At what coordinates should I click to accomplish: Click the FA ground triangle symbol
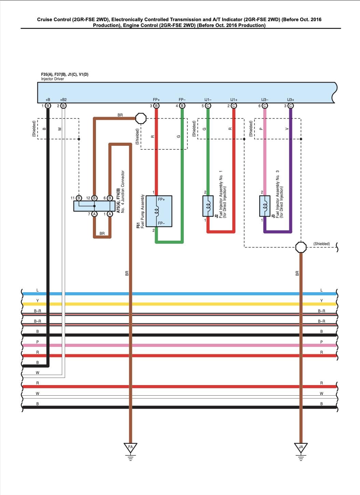[x=130, y=448]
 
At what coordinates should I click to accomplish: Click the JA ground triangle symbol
[x=301, y=448]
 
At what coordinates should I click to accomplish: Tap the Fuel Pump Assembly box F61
[x=159, y=211]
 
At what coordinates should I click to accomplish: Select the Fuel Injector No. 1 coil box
[x=208, y=206]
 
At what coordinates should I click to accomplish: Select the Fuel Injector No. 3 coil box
[x=265, y=206]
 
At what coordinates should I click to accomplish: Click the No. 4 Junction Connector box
[x=94, y=206]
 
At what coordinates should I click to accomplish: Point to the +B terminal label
[x=48, y=100]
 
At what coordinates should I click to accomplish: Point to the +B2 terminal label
[x=63, y=100]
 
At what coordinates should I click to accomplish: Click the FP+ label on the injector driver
[x=156, y=100]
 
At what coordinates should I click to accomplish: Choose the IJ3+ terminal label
[x=291, y=100]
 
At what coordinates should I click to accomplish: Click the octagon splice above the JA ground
[x=301, y=247]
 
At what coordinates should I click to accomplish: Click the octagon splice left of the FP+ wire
[x=141, y=118]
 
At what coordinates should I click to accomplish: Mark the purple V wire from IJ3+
[x=291, y=171]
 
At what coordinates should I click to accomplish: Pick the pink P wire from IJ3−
[x=265, y=154]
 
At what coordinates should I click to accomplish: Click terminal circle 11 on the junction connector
[x=79, y=198]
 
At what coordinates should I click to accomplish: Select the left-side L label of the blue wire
[x=38, y=290]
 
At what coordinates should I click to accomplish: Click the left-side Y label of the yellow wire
[x=38, y=301]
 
